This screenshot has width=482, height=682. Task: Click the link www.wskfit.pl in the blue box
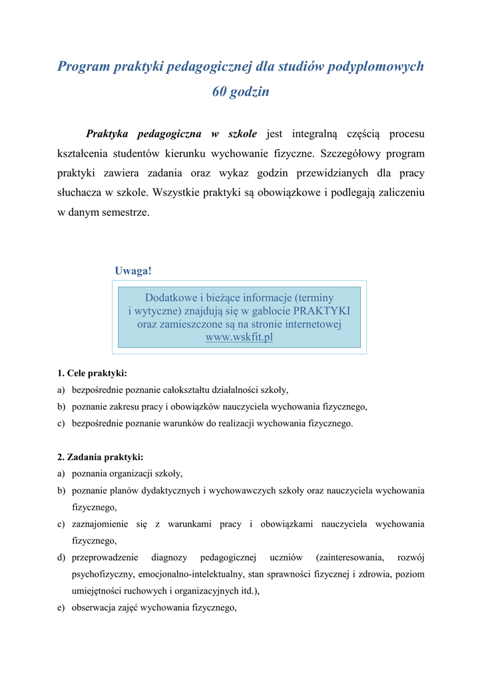pos(239,338)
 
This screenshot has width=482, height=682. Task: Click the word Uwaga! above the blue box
pos(133,271)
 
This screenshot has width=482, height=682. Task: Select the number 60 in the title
pos(220,93)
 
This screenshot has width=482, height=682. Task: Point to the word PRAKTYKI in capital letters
pos(322,311)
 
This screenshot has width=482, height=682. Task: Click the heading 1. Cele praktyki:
pos(92,373)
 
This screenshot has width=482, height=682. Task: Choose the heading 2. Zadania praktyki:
pos(101,457)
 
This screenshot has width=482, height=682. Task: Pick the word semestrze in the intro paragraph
pos(126,213)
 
